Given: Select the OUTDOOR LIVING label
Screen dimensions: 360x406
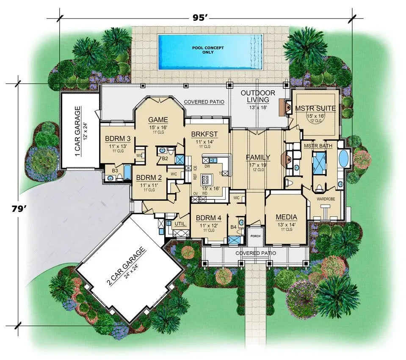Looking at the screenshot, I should pos(258,96).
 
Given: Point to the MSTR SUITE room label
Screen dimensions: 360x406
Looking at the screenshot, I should pos(315,108).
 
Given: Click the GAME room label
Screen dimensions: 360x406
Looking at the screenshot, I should pos(158,119).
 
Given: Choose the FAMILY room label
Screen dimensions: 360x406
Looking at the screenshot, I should pos(258,158).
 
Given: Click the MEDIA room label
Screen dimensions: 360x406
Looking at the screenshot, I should pos(287,217).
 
